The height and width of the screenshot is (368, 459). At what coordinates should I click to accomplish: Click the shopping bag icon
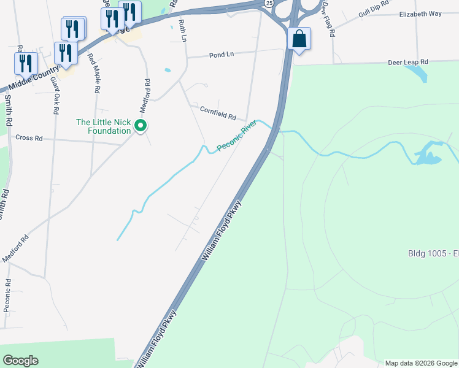(x=299, y=39)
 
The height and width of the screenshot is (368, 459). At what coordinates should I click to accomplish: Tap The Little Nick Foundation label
(x=103, y=126)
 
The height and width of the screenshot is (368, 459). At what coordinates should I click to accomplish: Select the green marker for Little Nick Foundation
(x=141, y=126)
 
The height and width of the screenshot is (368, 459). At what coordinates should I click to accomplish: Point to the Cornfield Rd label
(x=218, y=112)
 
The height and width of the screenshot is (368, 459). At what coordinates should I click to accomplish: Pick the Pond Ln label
(x=222, y=55)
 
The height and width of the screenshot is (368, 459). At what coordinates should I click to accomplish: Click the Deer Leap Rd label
(x=408, y=63)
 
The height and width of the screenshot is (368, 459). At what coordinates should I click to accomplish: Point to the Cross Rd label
(x=29, y=138)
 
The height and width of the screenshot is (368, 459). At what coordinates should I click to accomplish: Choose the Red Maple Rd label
(x=94, y=73)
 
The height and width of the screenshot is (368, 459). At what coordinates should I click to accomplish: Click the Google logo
(x=20, y=361)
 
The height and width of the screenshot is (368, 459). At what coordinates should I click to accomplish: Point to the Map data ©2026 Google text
(x=421, y=362)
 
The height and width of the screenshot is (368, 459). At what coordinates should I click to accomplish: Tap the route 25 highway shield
(x=269, y=3)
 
